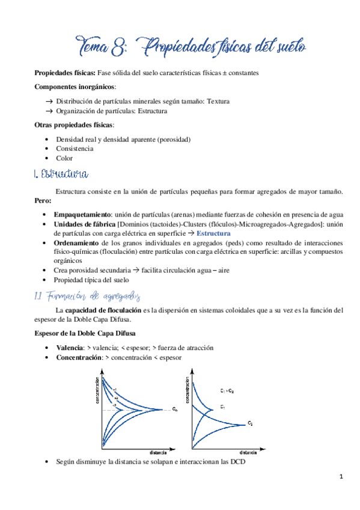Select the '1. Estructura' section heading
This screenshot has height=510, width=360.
[x=62, y=174]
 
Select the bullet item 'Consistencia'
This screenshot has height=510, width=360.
[x=74, y=149]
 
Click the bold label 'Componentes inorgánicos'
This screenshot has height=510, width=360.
[x=75, y=87]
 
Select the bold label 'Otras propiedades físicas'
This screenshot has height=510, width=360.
[x=74, y=125]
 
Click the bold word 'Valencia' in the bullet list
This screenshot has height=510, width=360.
[x=70, y=348]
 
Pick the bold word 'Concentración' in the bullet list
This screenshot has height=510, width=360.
[x=78, y=357]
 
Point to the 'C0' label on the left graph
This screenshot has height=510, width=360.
[x=174, y=410]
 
